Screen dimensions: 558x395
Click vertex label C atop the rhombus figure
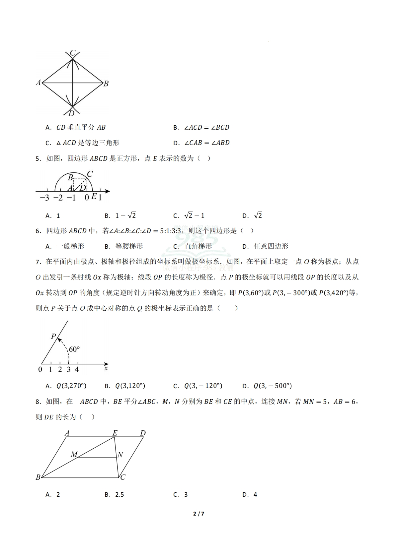[73, 53]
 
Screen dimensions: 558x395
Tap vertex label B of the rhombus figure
[106, 84]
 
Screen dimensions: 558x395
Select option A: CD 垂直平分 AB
[75, 127]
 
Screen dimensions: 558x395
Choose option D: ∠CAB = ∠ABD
[201, 143]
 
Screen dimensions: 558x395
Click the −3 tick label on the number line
[44, 198]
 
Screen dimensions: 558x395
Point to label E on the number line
[94, 197]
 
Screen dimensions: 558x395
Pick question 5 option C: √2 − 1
[189, 216]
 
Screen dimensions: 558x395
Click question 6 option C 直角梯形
[193, 246]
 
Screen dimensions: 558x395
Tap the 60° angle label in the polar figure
[74, 349]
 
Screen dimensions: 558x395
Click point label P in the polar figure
[53, 337]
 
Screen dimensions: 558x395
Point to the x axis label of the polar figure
[106, 368]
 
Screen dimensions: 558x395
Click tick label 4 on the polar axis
[77, 369]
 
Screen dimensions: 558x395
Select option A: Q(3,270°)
[66, 386]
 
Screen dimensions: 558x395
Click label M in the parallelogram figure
[74, 455]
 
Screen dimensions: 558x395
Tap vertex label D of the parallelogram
[143, 433]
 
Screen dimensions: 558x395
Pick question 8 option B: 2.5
[114, 495]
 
